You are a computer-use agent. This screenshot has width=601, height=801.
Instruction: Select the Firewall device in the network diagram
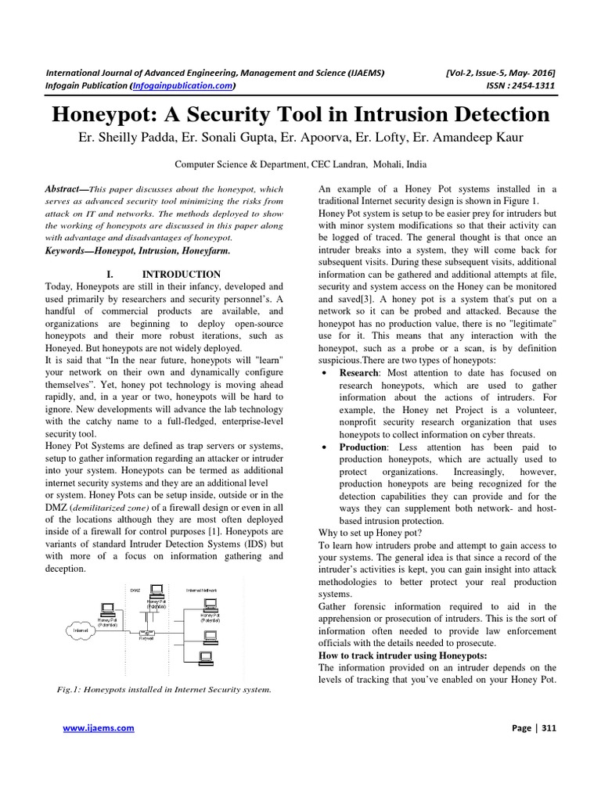146,630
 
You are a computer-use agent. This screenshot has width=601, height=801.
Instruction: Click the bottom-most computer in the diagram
207,658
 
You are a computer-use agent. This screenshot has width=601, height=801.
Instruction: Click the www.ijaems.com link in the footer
98,727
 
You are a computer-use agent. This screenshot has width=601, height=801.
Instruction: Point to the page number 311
548,727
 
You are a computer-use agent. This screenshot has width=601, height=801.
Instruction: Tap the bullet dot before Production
325,447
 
